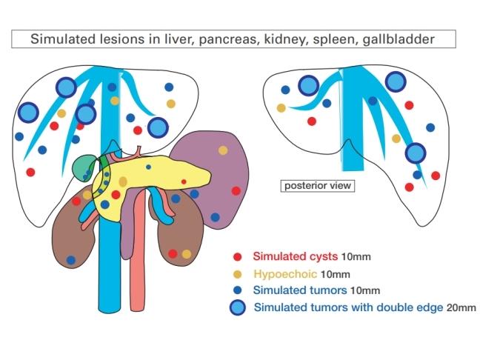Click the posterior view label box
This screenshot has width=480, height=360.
click(x=317, y=186)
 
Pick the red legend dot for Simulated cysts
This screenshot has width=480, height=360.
click(x=238, y=257)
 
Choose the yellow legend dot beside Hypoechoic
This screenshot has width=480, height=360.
click(x=238, y=273)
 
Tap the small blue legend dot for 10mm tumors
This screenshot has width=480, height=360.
click(x=238, y=290)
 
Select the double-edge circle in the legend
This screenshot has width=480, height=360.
click(x=238, y=307)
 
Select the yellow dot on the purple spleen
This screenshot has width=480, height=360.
click(x=223, y=150)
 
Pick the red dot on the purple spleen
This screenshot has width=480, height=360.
click(x=236, y=190)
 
